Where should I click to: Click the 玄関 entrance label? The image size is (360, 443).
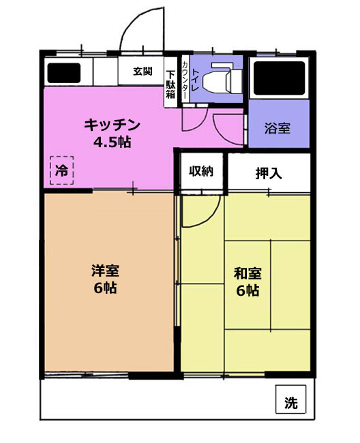(142, 71)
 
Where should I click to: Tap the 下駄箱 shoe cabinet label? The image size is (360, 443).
(170, 85)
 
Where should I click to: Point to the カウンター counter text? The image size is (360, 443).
(185, 80)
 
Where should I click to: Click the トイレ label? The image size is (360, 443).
(195, 80)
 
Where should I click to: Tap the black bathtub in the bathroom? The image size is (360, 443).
(279, 78)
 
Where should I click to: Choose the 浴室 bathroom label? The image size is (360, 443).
(277, 128)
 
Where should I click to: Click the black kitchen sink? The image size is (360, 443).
(64, 73)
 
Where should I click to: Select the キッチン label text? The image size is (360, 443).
(112, 125)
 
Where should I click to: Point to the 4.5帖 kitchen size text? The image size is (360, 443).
(112, 142)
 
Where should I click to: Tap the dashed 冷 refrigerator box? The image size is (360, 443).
(62, 170)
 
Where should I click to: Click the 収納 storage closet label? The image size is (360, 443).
(201, 170)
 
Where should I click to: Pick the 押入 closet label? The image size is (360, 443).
(269, 173)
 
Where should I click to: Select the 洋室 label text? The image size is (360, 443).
(106, 271)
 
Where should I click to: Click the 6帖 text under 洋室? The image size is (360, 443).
(105, 288)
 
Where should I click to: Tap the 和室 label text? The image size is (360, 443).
(247, 273)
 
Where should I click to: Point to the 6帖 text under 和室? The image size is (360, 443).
(247, 290)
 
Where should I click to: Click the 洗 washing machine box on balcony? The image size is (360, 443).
(290, 399)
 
